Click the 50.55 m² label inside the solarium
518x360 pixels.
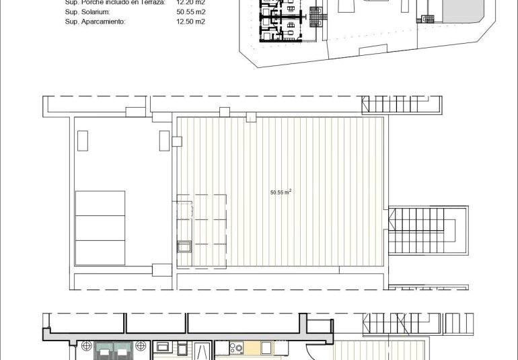(281, 192)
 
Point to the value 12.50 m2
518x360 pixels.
(190, 22)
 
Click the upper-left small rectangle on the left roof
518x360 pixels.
(83, 140)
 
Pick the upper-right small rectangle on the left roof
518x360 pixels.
(164, 140)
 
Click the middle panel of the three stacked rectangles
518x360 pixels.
(100, 227)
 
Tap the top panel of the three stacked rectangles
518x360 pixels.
(100, 203)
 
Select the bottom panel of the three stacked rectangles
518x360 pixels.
(100, 252)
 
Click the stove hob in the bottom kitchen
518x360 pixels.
(237, 349)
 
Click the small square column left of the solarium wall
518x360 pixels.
(177, 141)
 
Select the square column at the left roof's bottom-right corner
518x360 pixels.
(162, 270)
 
